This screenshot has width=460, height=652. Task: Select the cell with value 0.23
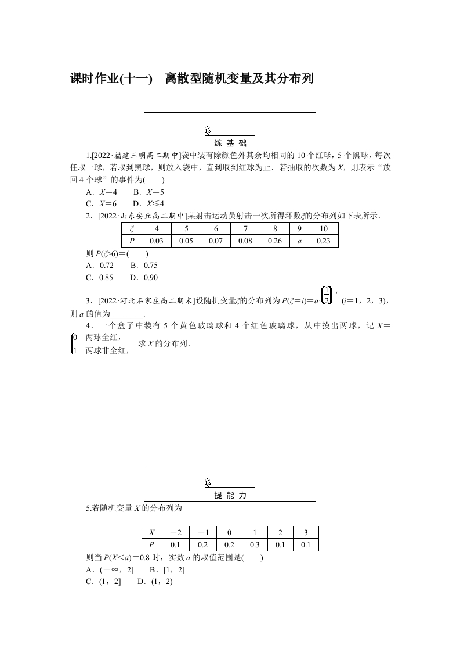point(324,241)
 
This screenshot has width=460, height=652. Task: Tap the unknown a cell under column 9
point(299,241)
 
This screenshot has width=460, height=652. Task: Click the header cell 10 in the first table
point(324,229)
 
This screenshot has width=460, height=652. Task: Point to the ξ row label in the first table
point(131,229)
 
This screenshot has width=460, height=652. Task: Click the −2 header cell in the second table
point(176,532)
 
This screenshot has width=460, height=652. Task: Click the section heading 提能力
point(230,496)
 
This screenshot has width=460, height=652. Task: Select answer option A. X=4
point(102,192)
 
